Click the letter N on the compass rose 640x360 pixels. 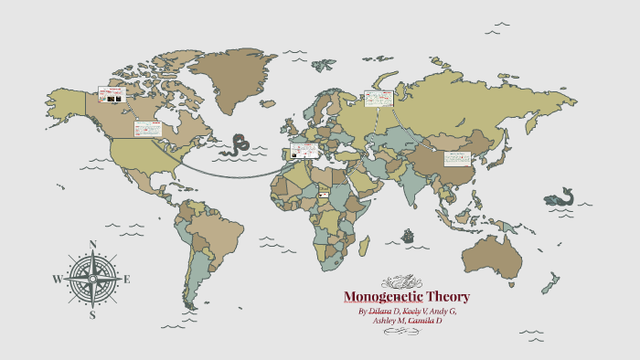pos(92,244)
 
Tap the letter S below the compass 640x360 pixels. pos(92,315)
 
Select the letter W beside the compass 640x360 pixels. pos(57,280)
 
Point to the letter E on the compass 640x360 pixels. pos(127,280)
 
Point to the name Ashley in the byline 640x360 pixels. pos(388,321)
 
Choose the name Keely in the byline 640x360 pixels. pos(416,312)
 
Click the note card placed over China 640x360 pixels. pos(456,158)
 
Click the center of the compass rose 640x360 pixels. pos(92,280)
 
